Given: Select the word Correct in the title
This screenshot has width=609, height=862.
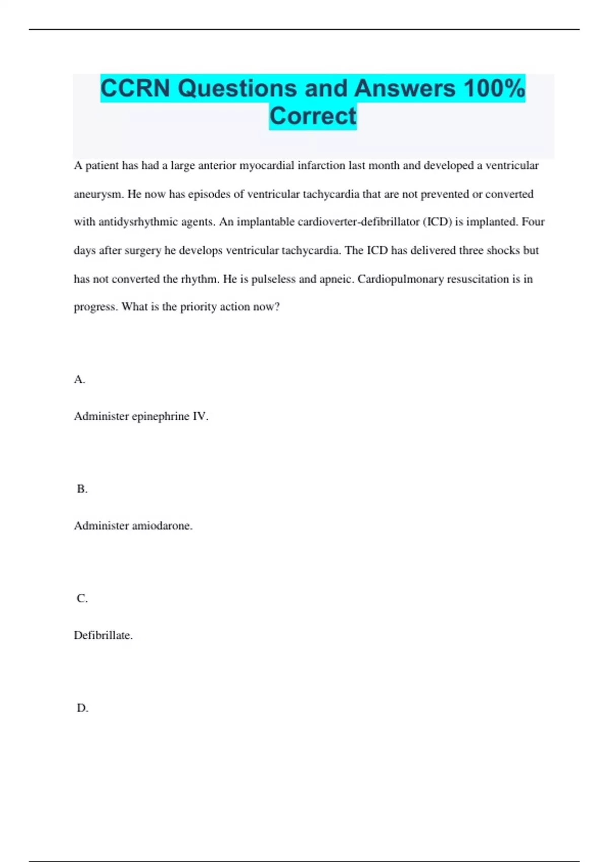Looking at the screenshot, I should point(313,116).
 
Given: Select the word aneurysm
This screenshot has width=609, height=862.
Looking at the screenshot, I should point(98,194).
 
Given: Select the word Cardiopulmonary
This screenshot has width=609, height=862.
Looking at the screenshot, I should point(400,279).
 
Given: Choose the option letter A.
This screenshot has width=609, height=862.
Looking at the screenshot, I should point(79,380).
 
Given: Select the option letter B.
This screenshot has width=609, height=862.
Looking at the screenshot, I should point(82,489).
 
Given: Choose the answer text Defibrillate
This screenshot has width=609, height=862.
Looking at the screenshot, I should point(103,635).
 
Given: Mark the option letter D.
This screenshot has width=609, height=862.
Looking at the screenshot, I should point(82,708).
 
